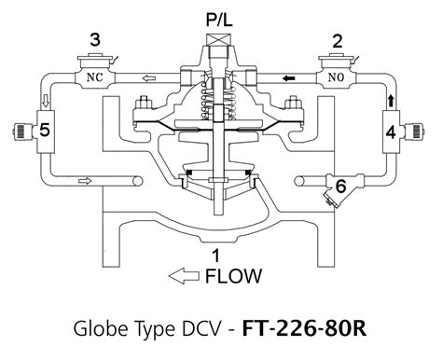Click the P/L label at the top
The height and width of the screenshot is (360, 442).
[x=220, y=20]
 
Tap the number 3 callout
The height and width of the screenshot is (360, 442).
[x=94, y=38]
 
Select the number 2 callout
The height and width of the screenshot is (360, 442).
[x=338, y=39]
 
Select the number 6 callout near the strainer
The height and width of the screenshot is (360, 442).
[x=341, y=187]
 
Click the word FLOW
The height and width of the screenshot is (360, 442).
[x=232, y=276]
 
